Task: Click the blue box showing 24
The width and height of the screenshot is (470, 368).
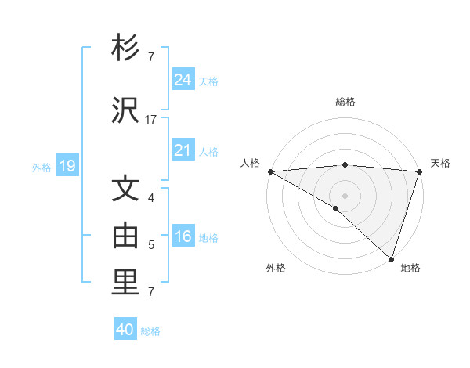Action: coord(183,80)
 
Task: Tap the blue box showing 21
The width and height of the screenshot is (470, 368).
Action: coord(183,150)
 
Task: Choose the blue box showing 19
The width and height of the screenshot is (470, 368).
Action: coord(67,166)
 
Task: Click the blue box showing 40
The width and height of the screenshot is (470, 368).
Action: coord(125,330)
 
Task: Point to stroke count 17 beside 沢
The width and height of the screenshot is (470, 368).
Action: coord(151,120)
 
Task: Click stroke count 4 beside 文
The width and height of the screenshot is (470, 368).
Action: coord(151,198)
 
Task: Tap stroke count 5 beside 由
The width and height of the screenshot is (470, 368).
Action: coord(151,245)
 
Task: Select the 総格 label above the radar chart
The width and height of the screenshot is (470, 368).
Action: coord(345,102)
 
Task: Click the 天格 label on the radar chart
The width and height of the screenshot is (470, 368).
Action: coord(440,163)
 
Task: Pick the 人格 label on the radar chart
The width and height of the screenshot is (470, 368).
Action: coord(250,163)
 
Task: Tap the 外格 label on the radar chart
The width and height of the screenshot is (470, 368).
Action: coord(276,268)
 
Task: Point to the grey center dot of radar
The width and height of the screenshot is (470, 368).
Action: coord(345,195)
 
